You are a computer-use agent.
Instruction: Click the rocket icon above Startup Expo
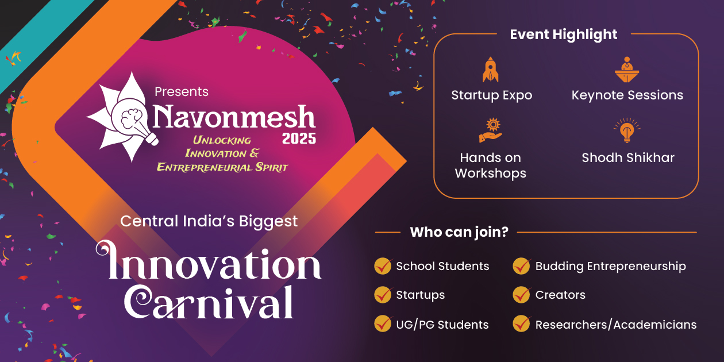pos(491,70)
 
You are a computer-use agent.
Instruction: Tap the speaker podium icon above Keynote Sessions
pos(627,70)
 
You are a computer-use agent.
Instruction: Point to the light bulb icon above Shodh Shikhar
pos(627,130)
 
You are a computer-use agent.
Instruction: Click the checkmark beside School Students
pos(383,266)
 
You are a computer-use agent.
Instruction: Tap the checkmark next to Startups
pos(383,295)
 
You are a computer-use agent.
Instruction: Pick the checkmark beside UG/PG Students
pos(383,324)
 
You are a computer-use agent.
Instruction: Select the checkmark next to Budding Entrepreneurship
pos(522,266)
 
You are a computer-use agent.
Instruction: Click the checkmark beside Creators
pos(522,295)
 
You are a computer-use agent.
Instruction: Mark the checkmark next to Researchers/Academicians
pos(522,324)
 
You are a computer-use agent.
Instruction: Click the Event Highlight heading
pos(563,34)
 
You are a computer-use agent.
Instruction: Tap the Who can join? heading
pos(459,233)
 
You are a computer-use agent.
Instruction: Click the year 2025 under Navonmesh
pos(299,138)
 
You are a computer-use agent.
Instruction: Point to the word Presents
pos(182,92)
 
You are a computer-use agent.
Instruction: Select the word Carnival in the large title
pos(210,301)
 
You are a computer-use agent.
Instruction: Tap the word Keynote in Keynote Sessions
pos(597,95)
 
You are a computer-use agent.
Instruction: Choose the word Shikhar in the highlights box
pos(650,157)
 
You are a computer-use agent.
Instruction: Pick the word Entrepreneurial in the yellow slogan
pos(198,167)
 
